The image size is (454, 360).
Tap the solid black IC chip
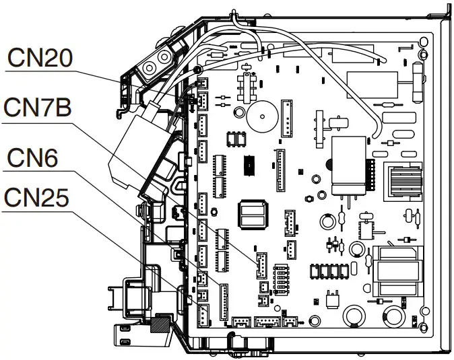[x=249, y=161]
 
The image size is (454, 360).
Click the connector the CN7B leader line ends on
[x=260, y=266]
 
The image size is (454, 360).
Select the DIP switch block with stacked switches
[x=284, y=276]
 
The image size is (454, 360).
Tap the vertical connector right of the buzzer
[x=288, y=118]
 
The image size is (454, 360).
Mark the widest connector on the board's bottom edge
[x=267, y=321]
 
